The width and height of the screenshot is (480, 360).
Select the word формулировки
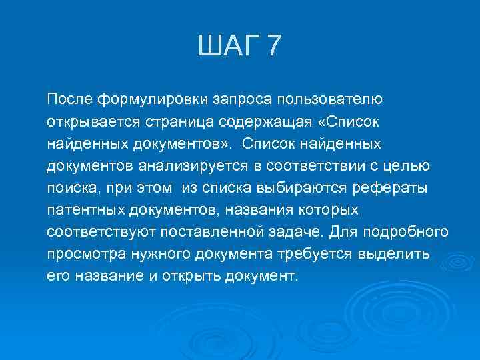point(153,100)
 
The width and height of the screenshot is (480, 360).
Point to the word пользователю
point(330,100)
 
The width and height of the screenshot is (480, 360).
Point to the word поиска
point(71,188)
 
